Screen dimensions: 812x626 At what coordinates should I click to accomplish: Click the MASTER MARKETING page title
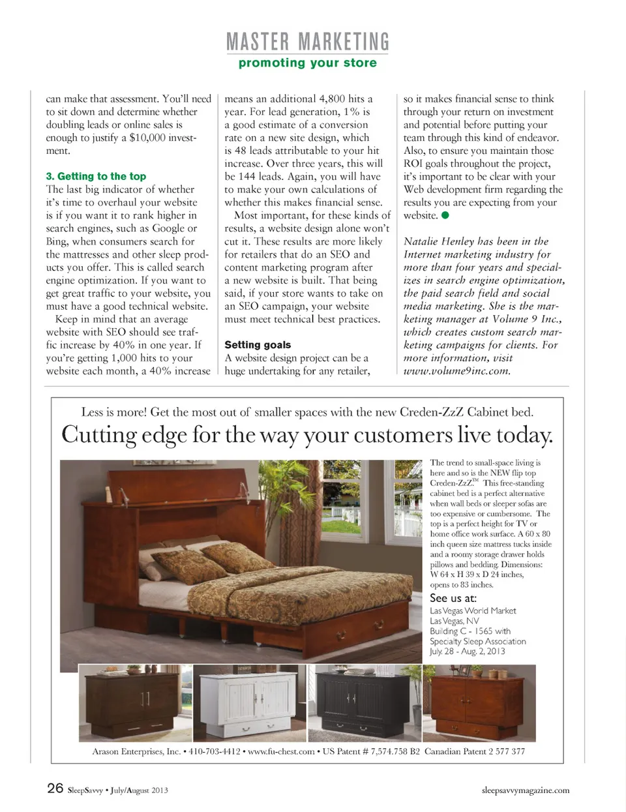[x=307, y=42]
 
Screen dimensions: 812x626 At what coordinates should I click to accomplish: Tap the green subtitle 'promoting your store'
[x=307, y=63]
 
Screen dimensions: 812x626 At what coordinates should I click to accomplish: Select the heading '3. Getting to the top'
[x=96, y=176]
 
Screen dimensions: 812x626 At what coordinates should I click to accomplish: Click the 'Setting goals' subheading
[x=258, y=344]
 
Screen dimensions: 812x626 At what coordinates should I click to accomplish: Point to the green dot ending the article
[x=445, y=215]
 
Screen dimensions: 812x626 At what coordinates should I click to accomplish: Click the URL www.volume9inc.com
[x=456, y=371]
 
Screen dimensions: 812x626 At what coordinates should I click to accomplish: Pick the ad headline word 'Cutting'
[x=99, y=435]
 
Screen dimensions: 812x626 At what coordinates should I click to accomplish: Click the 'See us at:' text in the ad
[x=453, y=598]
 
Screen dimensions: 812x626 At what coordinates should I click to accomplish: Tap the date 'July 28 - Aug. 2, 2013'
[x=467, y=651]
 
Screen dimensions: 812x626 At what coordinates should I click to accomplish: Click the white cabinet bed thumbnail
[x=250, y=703]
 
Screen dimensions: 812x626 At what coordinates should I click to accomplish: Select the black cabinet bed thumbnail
[x=365, y=703]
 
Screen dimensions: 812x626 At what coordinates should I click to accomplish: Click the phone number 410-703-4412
[x=215, y=751]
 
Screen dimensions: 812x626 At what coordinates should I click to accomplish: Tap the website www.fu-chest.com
[x=282, y=751]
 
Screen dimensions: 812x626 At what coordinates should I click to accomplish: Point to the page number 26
[x=55, y=788]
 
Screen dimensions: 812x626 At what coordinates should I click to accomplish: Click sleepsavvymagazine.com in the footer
[x=525, y=790]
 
